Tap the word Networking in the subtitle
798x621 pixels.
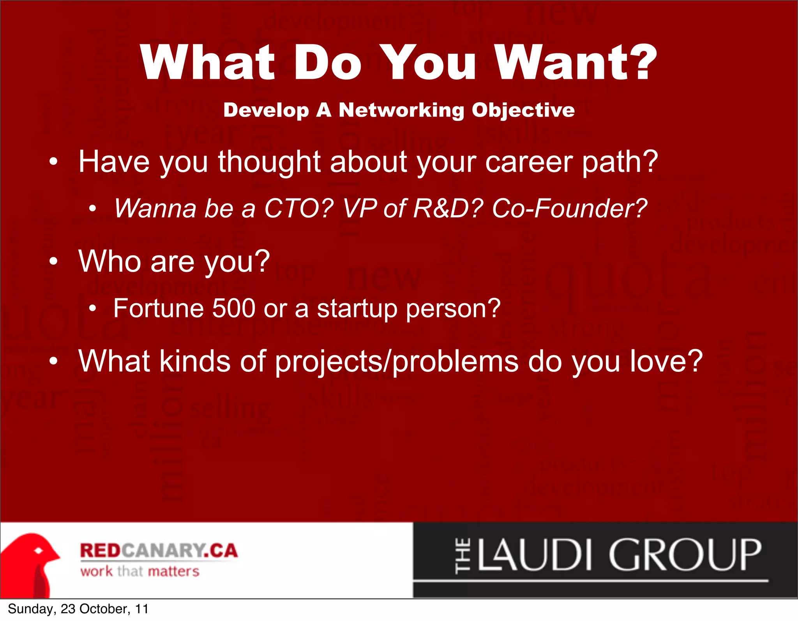[x=401, y=110]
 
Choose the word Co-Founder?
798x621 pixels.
[x=569, y=208]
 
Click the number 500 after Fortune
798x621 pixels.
[x=233, y=308]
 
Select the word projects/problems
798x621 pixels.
[x=396, y=361]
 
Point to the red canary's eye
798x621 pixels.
[x=39, y=551]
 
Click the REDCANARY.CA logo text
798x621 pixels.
[x=159, y=550]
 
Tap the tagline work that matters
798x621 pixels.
[x=139, y=571]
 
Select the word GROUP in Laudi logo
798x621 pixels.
[x=685, y=555]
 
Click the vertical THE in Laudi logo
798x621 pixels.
[x=463, y=556]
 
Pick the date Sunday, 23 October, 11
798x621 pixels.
[x=78, y=609]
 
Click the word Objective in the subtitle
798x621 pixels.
[x=523, y=110]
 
